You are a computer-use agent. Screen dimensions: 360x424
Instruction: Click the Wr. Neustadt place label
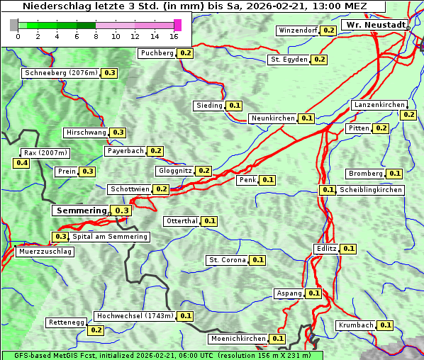375,25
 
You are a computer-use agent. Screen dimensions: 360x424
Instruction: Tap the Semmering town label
81,210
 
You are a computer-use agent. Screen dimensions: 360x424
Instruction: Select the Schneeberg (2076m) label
60,73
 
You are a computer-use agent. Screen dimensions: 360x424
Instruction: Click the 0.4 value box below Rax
22,163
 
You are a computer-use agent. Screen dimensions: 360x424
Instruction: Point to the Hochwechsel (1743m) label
134,316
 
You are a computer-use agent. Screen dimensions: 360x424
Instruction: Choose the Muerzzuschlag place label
45,252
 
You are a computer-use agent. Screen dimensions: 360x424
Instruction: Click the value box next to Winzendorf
328,30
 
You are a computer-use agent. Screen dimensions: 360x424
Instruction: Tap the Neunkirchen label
273,118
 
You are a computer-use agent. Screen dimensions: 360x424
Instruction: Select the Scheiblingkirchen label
370,190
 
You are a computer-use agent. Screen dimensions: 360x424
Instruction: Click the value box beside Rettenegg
96,330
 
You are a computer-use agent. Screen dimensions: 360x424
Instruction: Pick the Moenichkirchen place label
238,339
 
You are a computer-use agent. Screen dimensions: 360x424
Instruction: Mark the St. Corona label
227,260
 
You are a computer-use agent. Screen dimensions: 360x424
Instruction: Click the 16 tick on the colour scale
174,36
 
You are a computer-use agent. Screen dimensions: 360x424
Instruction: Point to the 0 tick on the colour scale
18,36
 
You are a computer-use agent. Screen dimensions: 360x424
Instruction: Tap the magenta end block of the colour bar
177,25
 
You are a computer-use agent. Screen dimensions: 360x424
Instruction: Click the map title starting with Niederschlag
194,6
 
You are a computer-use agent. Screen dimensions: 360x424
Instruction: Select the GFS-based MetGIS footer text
162,355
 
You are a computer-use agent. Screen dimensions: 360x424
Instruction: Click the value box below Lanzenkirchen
408,114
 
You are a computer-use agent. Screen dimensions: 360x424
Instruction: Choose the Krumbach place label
356,325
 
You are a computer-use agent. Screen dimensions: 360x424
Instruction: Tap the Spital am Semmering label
110,237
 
